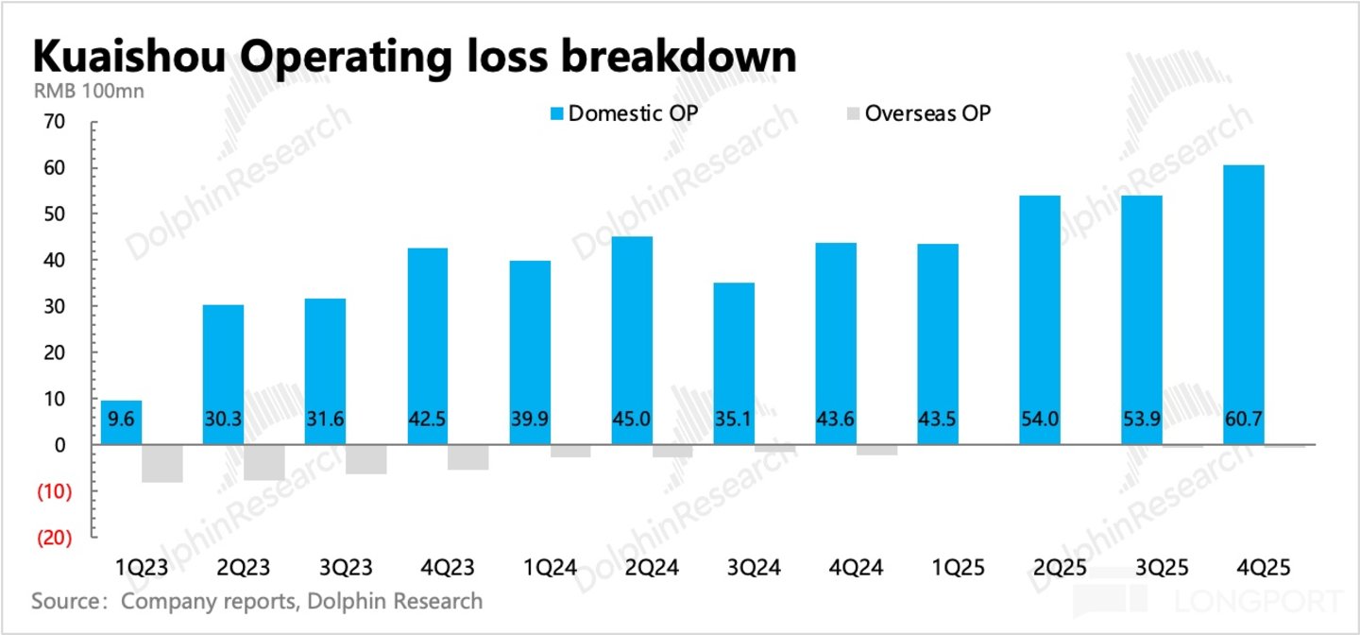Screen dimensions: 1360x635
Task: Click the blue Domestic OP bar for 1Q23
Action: pos(122,422)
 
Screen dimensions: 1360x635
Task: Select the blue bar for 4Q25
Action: pos(1244,305)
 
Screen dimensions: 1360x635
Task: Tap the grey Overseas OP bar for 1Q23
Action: pos(162,464)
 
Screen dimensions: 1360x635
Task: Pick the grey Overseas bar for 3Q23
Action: pos(366,459)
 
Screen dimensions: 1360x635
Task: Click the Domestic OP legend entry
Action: pos(624,113)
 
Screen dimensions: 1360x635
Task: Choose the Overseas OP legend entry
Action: pos(919,113)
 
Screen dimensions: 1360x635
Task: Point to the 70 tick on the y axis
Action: pos(54,122)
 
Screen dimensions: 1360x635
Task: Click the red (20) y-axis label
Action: pos(54,538)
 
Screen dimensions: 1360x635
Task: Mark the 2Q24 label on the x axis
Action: pos(652,568)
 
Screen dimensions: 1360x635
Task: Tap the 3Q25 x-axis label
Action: pos(1162,568)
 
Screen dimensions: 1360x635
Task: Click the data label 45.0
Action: pos(632,419)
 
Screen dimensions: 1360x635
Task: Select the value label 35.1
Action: pos(734,419)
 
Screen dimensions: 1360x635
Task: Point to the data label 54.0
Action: pos(1040,419)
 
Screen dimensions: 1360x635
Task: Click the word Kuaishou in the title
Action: pos(129,57)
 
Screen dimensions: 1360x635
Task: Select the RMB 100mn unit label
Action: pos(89,91)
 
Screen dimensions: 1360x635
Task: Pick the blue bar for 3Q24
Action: pos(734,364)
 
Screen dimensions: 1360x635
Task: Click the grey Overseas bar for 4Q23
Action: pos(468,457)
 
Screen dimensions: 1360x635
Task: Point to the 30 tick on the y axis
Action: pos(54,307)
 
